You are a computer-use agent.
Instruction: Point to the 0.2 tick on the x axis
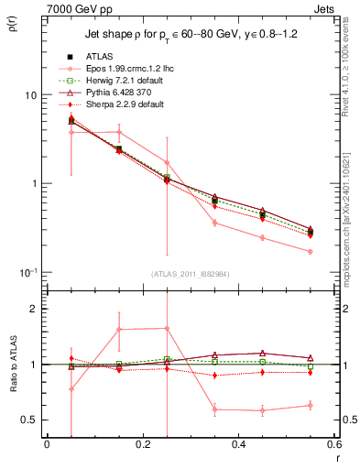click(x=143, y=444)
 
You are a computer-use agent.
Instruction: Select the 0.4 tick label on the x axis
click(x=239, y=444)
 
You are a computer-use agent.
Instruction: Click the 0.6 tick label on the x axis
click(x=333, y=444)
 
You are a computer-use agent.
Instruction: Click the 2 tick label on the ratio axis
click(x=33, y=310)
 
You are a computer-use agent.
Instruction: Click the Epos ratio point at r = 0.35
click(x=214, y=409)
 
